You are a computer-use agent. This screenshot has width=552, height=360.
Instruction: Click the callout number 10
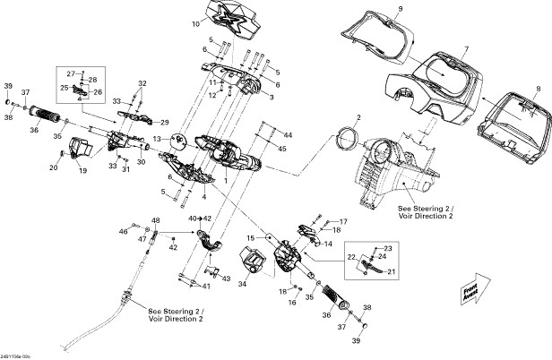[x=195, y=24]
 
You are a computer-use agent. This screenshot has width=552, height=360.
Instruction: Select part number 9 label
[x=401, y=9]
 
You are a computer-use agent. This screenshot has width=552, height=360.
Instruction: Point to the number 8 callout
[x=538, y=89]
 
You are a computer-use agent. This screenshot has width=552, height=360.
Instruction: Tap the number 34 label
[x=242, y=285]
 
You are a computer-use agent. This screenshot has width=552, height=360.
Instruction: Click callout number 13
[x=157, y=139]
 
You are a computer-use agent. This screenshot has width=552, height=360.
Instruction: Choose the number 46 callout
[x=123, y=232]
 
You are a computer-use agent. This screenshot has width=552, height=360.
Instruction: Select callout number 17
[x=343, y=220]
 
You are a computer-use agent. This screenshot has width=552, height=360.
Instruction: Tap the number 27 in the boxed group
[x=71, y=72]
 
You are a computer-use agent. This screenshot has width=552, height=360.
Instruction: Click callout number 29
[x=165, y=121]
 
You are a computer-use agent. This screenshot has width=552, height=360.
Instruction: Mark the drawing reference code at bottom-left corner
[x=17, y=355]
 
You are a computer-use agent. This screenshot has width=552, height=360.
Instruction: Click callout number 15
[x=252, y=237]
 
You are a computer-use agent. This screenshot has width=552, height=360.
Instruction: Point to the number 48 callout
[x=156, y=220]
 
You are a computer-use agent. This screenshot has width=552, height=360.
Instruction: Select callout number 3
[x=272, y=98]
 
